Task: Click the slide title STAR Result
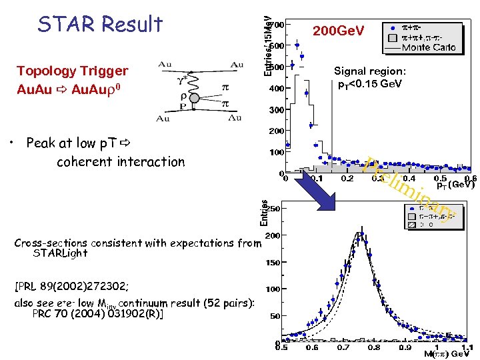pos(100,24)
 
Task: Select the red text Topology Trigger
pos(72,71)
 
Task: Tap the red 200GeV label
pos(339,31)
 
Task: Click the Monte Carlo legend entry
pos(428,47)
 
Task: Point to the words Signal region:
pos(370,71)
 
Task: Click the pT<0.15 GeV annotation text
pos(370,84)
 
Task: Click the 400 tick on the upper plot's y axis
pos(275,88)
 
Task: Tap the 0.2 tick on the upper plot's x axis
pos(347,179)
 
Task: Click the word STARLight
pos(60,253)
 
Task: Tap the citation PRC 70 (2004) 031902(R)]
pos(98,313)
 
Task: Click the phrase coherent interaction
pos(121,161)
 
